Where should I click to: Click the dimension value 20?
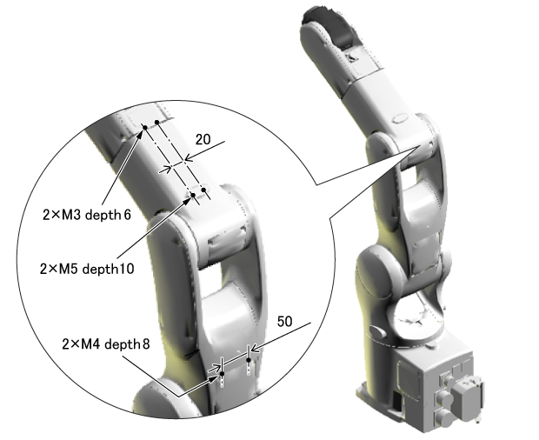(203, 139)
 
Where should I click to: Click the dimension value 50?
(284, 322)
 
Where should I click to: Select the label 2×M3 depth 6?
(87, 215)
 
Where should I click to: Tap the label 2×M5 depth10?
(87, 269)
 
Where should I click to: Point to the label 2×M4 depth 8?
(106, 343)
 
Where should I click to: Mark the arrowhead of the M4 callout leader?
(215, 377)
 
